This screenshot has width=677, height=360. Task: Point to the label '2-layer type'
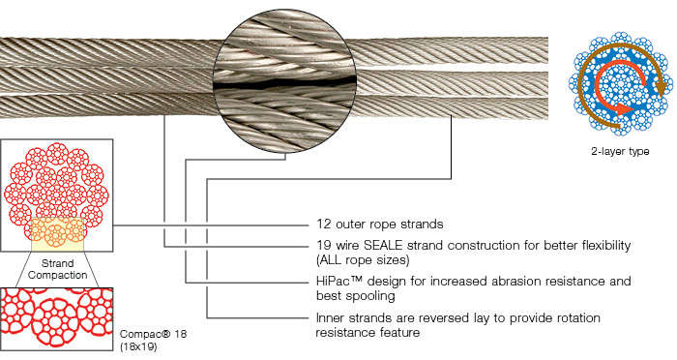click(x=619, y=152)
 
